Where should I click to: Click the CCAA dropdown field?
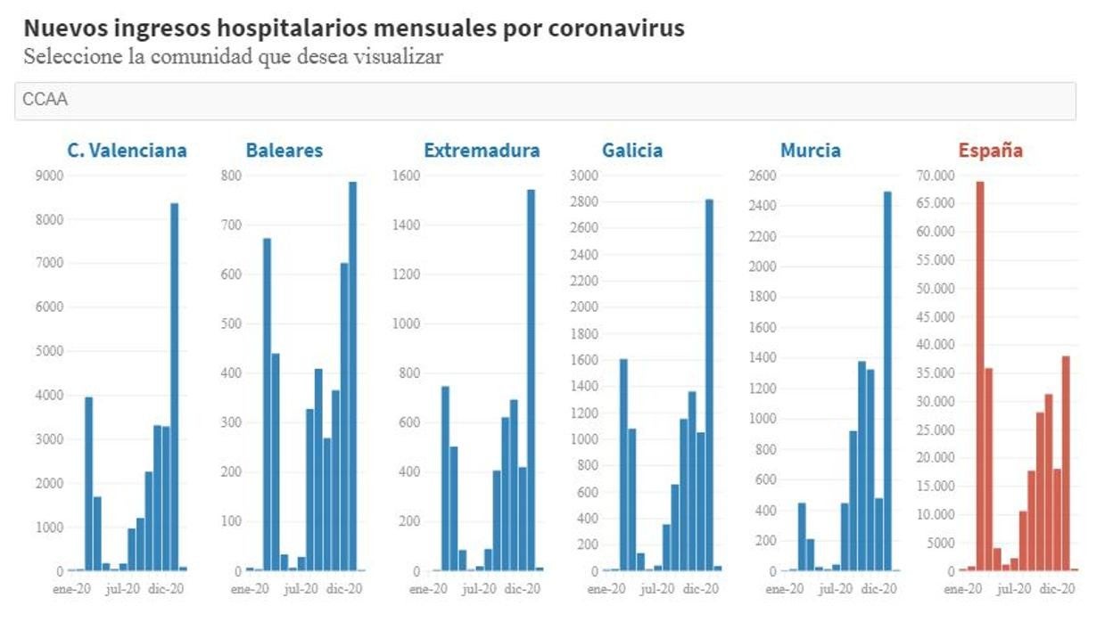click(x=544, y=101)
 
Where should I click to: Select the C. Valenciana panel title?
click(x=127, y=151)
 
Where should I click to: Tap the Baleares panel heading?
click(x=284, y=151)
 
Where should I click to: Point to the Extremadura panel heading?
click(x=482, y=151)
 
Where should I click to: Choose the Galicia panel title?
click(x=631, y=151)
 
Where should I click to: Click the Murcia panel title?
click(x=810, y=151)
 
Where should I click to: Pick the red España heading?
click(x=990, y=151)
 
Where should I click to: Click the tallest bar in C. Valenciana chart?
click(x=175, y=387)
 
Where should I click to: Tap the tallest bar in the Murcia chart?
click(x=887, y=381)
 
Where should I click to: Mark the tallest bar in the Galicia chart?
click(x=709, y=384)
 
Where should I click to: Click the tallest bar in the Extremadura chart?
click(x=531, y=380)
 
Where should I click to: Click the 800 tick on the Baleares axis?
click(x=231, y=176)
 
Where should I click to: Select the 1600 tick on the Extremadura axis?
click(x=406, y=176)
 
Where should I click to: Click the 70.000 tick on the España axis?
click(x=935, y=176)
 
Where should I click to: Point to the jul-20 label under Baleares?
click(x=301, y=589)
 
